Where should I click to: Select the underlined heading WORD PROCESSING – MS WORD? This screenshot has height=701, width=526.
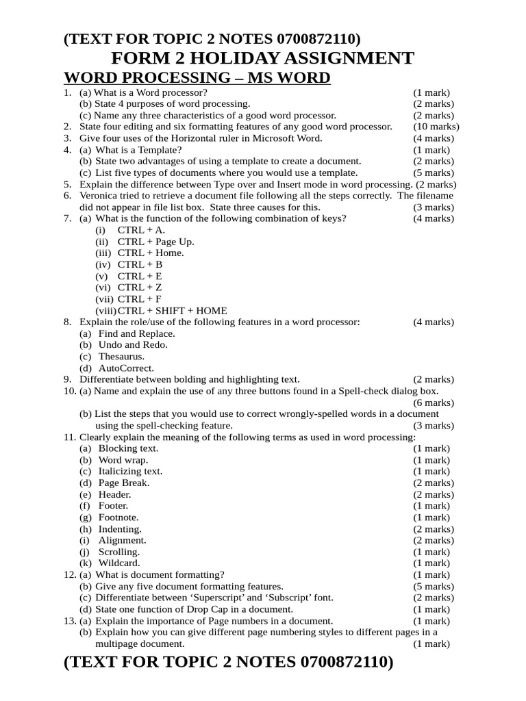tap(197, 78)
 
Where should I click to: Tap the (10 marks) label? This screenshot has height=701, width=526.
tap(436, 127)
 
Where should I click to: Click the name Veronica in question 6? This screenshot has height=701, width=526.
tap(101, 196)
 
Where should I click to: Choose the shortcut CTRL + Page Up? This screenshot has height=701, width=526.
tap(155, 242)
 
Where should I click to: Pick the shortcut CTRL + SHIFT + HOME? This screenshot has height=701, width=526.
tap(172, 311)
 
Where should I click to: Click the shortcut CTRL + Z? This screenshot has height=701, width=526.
tap(140, 288)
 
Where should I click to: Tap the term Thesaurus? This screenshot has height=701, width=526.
tap(122, 357)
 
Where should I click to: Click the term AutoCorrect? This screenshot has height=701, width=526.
tap(126, 368)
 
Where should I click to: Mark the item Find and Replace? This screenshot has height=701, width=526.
tap(136, 333)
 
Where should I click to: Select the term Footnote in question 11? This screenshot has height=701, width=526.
tap(119, 518)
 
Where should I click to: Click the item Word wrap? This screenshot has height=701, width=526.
tap(123, 460)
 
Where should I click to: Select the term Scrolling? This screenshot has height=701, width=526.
tap(120, 552)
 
